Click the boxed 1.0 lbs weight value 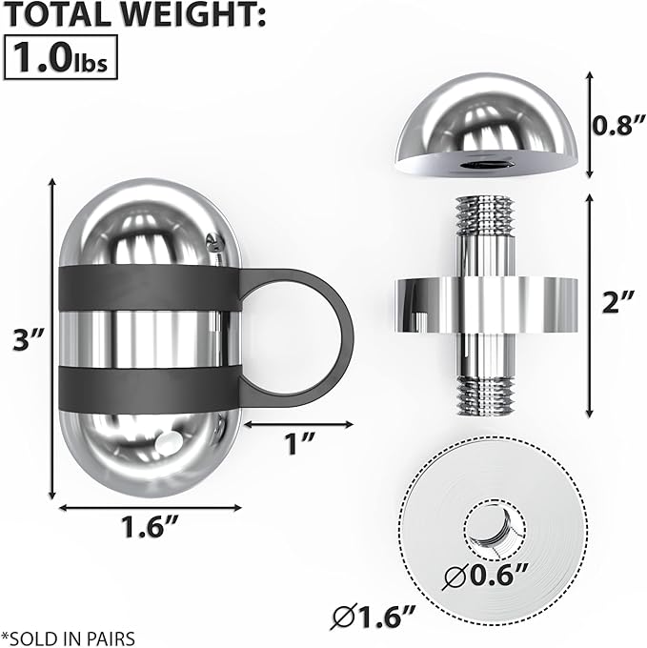(x=61, y=57)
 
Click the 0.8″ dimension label (x=618, y=125)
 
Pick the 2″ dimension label (x=617, y=302)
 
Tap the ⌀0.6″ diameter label (x=485, y=576)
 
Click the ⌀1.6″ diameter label (x=374, y=618)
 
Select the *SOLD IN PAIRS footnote (x=69, y=638)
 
